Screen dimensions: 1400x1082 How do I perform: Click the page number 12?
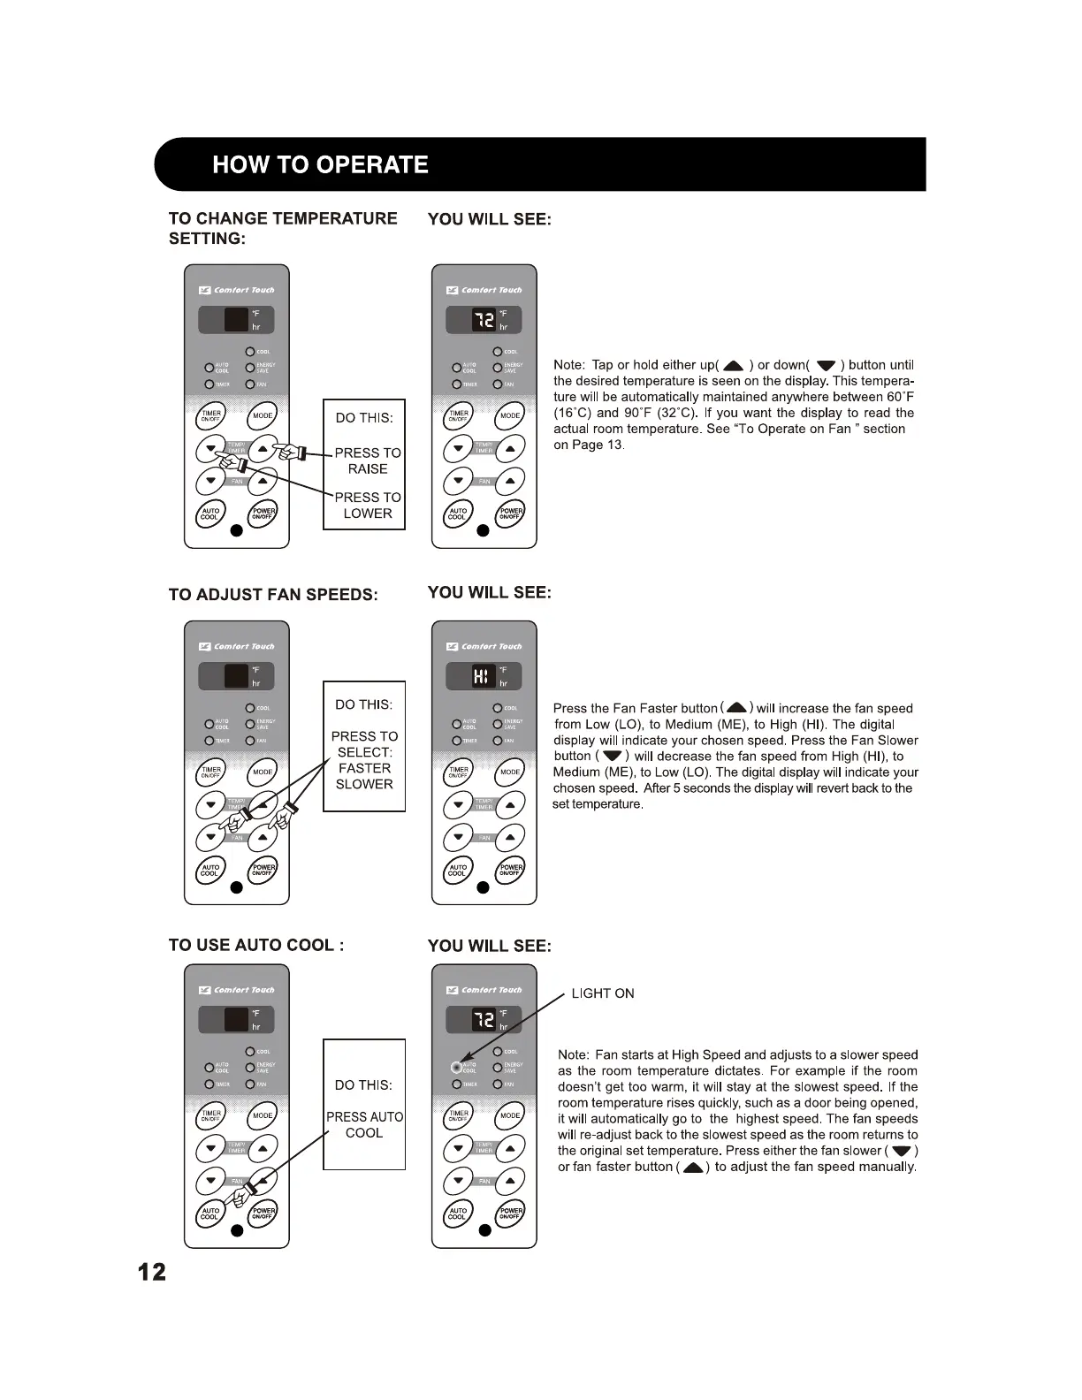pos(151,1272)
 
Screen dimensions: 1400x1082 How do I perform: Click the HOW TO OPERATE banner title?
pos(320,165)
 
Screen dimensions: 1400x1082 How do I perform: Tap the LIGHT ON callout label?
pos(603,993)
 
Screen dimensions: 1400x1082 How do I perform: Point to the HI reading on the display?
pos(481,677)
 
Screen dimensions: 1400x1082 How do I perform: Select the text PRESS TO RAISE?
pos(368,460)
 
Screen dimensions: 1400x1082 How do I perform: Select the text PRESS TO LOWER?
pos(368,506)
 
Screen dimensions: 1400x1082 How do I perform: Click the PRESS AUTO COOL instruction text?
pos(364,1125)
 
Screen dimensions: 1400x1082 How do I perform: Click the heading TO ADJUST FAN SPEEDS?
pos(273,595)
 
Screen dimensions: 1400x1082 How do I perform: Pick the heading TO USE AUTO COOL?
pos(256,946)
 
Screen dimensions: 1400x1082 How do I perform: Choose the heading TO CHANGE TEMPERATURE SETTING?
pos(283,228)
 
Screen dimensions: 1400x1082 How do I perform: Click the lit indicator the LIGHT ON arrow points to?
pos(456,1067)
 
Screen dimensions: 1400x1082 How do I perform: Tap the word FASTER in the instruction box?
pos(364,768)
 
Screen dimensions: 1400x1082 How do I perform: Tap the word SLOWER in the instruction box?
pos(364,784)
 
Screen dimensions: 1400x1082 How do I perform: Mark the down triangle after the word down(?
pos(826,366)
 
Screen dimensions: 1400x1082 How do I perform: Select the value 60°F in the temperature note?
pos(900,397)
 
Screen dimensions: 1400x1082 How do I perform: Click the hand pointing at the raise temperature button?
pos(287,452)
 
